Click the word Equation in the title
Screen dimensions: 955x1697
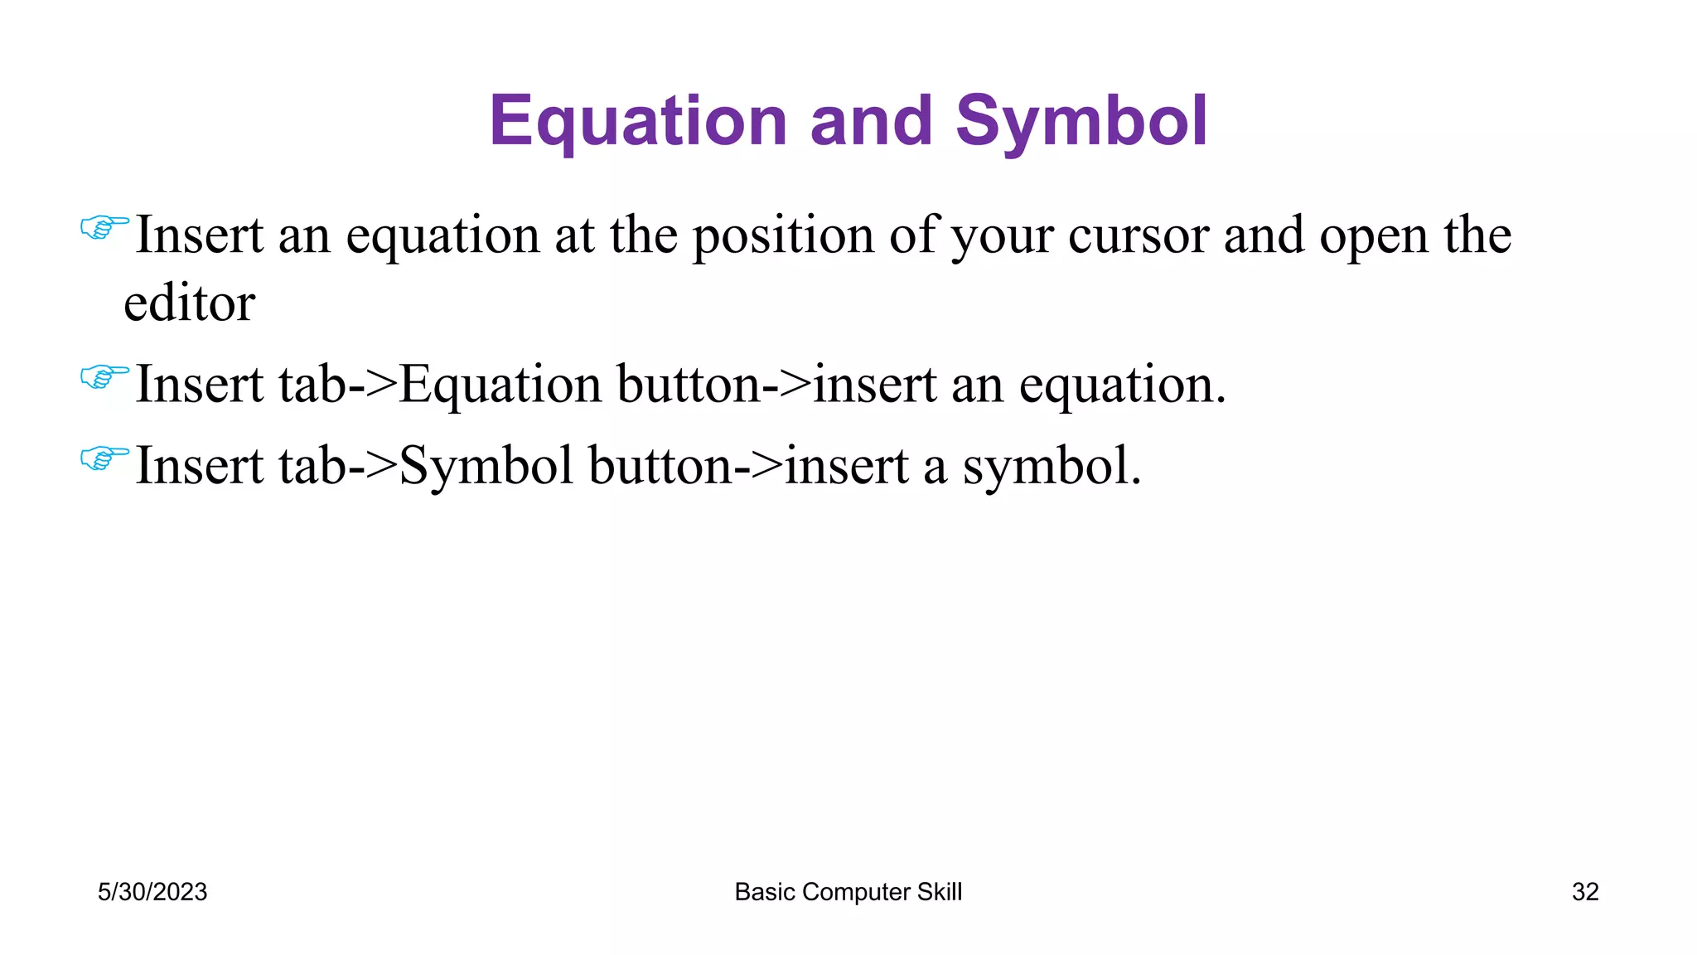[x=636, y=123]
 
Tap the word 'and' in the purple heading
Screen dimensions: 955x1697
[x=870, y=121]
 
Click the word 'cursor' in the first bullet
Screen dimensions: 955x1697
[x=1139, y=235]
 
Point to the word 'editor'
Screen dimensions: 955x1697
[x=189, y=303]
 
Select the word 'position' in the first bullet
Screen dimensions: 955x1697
[x=783, y=235]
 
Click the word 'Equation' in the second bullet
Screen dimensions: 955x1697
[x=500, y=386]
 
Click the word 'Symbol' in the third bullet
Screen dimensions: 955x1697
[x=486, y=467]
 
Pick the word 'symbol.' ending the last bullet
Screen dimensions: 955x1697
[x=1052, y=467]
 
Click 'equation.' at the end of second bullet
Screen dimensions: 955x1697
[x=1122, y=386]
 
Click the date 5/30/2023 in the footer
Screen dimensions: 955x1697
[x=152, y=892]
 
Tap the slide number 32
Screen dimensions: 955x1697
[x=1584, y=892]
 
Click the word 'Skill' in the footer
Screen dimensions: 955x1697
[x=940, y=892]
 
